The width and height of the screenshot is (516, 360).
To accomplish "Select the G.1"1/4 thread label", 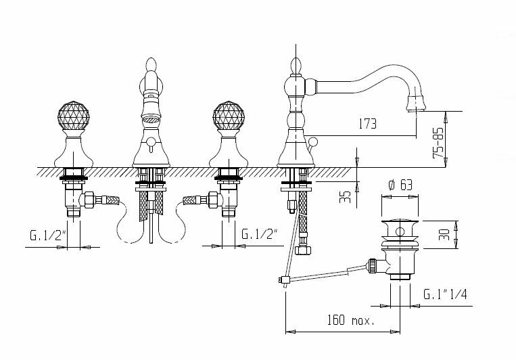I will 443,294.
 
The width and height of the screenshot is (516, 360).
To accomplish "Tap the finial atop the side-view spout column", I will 295,66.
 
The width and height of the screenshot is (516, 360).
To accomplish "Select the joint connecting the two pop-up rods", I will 283,279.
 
